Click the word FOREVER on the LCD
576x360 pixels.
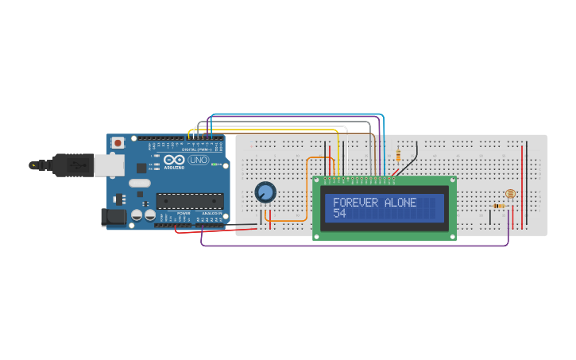[356, 203]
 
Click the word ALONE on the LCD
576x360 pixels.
[400, 203]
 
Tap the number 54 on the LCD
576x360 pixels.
[339, 214]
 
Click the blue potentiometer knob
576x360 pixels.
[265, 192]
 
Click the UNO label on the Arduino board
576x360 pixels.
[199, 161]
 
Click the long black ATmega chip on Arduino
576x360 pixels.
[189, 203]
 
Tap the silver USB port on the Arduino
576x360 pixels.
[109, 165]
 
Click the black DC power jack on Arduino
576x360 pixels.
[114, 217]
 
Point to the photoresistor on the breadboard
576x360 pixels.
[510, 194]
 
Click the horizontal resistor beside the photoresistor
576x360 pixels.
[499, 206]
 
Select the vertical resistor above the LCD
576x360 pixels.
[398, 154]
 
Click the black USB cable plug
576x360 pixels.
[72, 165]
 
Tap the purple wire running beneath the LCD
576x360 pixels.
[358, 245]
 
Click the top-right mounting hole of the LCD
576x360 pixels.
[451, 181]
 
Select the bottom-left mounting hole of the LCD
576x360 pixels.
[318, 234]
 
